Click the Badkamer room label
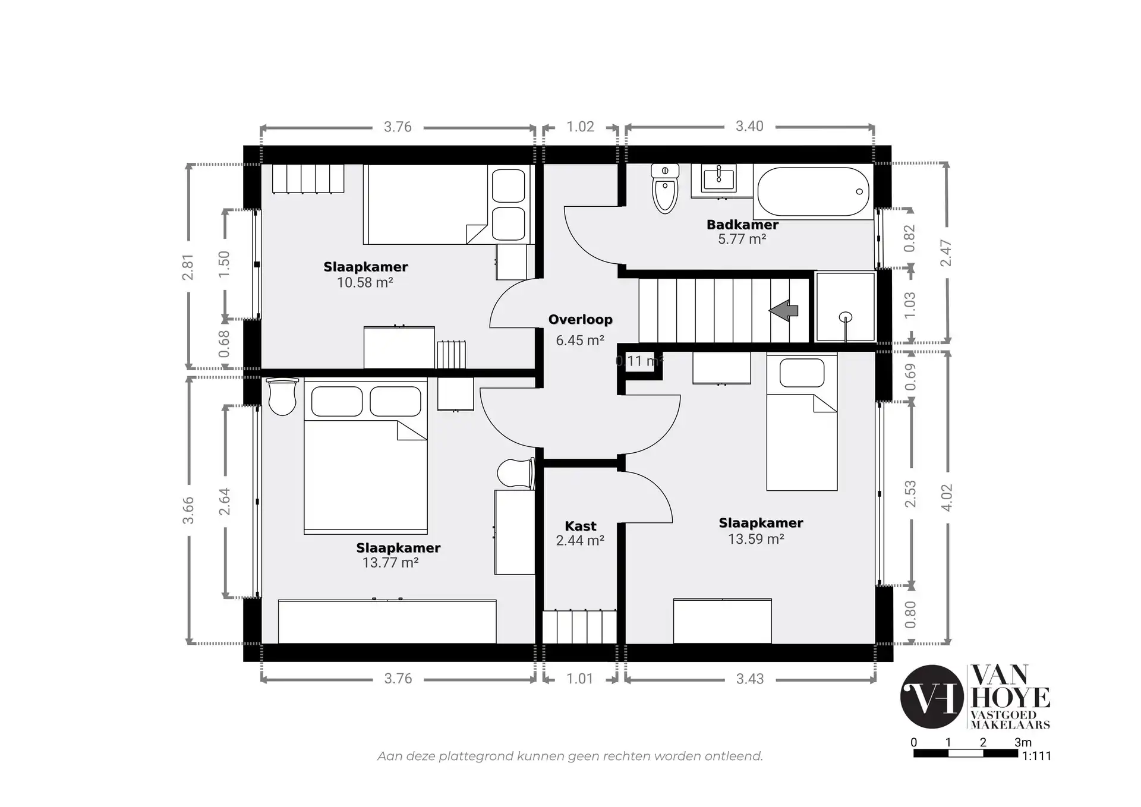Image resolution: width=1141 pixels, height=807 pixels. coord(742,225)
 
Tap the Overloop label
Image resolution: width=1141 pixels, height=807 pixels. coord(580,320)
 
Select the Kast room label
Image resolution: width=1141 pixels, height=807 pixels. coord(581,526)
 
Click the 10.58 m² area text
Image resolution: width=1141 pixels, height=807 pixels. coord(365,282)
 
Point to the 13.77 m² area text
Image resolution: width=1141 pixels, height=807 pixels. coord(390,562)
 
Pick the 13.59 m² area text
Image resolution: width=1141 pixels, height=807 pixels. coord(756,539)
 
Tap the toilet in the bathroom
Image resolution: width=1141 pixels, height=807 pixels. coord(665,188)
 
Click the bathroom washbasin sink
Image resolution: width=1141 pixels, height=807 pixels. coord(718,178)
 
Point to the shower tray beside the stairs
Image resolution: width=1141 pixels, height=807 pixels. coord(845,307)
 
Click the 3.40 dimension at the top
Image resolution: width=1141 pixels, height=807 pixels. coord(749,126)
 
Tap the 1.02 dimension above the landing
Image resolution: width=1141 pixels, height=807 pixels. coord(580,127)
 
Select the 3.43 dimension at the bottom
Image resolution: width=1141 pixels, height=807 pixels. coord(750,679)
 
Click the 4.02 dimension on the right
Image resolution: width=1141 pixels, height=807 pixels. coord(947,497)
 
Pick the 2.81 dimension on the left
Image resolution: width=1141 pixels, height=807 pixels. coord(188,267)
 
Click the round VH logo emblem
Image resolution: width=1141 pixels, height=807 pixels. coord(932,696)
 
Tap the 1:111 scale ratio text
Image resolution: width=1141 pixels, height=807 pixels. coord(1037,756)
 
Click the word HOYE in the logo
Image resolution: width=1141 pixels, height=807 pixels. coord(1010,698)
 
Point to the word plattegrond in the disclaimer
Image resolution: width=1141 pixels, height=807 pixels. coord(476,756)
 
